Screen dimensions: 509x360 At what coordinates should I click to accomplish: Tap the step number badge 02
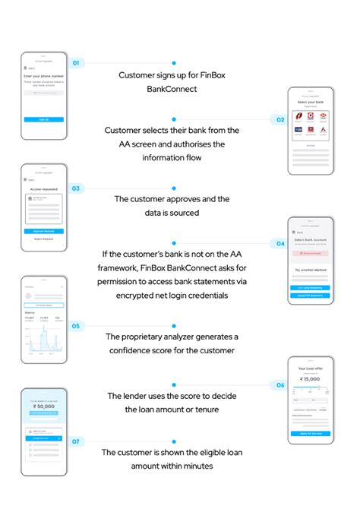(279, 119)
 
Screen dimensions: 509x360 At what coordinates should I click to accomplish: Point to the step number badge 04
(280, 243)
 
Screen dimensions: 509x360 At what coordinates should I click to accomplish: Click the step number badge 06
(280, 385)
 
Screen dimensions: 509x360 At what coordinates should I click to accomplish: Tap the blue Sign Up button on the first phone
(44, 119)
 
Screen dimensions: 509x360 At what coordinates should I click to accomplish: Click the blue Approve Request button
(44, 230)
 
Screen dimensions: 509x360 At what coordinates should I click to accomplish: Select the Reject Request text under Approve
(44, 239)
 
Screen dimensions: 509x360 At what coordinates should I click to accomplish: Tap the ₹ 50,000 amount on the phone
(44, 406)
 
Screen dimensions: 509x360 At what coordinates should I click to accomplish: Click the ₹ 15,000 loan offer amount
(310, 378)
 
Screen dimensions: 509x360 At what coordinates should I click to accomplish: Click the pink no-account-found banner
(310, 252)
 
